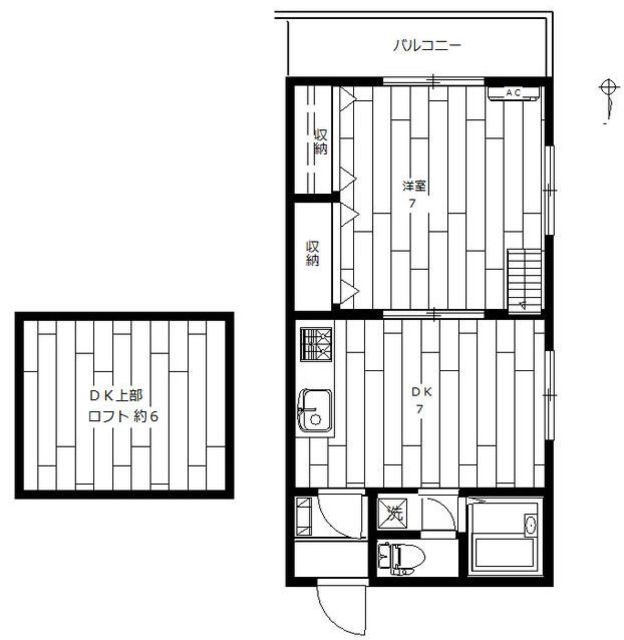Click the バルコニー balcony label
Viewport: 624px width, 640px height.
tap(427, 45)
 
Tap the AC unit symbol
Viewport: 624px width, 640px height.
tap(514, 93)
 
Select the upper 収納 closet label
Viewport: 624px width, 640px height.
tap(321, 141)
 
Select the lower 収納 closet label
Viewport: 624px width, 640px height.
tap(313, 253)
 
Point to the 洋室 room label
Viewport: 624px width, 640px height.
tap(414, 186)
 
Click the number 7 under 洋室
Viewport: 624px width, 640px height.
tap(412, 204)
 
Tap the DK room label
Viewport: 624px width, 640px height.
tap(421, 392)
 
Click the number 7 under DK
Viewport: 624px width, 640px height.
tap(419, 409)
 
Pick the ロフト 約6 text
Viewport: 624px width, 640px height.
tap(123, 417)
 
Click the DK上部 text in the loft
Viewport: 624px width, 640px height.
tap(116, 395)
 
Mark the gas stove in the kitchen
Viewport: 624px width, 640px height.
tap(316, 344)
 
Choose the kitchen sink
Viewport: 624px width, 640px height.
tap(314, 411)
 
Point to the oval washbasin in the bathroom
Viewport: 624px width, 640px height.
tap(531, 525)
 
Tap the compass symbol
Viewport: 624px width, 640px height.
tap(609, 99)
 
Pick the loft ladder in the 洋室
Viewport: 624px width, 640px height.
tap(524, 281)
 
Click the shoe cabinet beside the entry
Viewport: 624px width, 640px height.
tap(304, 516)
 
